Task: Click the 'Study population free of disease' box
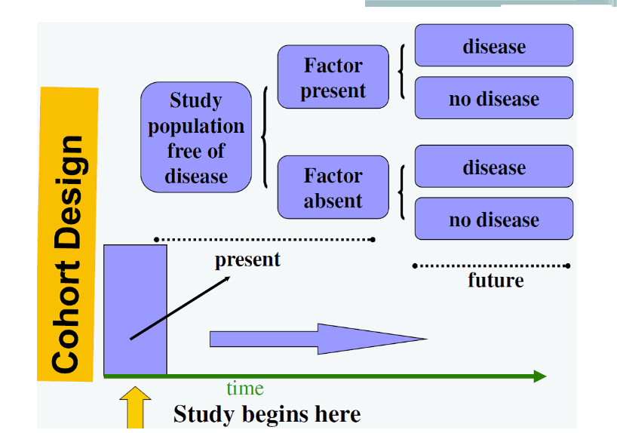click(196, 137)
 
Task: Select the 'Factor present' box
click(333, 77)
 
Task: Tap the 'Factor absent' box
click(333, 187)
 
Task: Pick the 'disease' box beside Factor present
click(494, 45)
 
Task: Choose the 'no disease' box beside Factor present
click(494, 97)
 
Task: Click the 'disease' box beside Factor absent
click(494, 166)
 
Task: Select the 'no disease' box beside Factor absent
click(494, 219)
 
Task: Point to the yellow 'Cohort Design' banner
click(67, 234)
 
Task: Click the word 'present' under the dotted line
click(247, 260)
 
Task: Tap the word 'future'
click(496, 281)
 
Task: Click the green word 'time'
click(244, 388)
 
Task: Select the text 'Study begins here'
click(267, 414)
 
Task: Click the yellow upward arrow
click(135, 407)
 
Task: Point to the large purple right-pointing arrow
click(318, 339)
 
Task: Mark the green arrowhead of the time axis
click(540, 376)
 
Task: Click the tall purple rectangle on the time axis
click(135, 310)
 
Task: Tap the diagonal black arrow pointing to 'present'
click(180, 308)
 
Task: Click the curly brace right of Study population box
click(265, 137)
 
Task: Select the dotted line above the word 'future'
click(491, 266)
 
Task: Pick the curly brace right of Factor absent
click(402, 192)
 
